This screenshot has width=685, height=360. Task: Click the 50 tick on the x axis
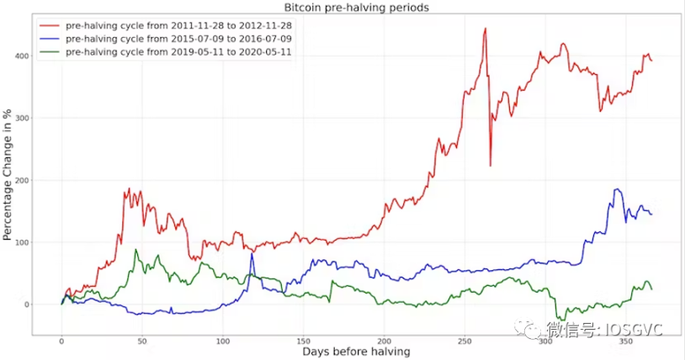point(142,343)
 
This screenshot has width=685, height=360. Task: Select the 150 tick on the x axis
point(303,343)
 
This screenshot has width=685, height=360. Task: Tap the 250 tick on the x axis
point(464,343)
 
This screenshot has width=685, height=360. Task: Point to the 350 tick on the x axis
point(624,343)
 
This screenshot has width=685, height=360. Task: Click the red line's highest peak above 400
point(486,29)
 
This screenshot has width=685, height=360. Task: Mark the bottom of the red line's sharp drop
point(491,165)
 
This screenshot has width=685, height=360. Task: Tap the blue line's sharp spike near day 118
point(251,254)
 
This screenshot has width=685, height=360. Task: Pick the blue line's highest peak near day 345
point(617,189)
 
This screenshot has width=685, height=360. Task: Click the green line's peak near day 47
point(135,250)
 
